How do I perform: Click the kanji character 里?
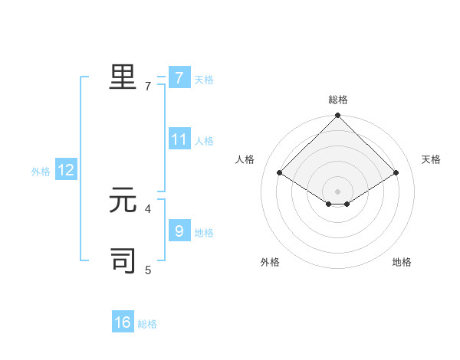123,77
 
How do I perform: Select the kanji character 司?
123,260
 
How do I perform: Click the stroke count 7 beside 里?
148,87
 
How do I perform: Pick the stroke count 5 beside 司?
148,270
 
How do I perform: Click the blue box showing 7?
179,78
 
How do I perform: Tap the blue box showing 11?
179,139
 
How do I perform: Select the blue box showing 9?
179,231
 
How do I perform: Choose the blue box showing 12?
66,170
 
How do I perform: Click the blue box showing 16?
123,322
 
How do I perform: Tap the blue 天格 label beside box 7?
204,80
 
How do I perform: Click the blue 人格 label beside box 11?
204,141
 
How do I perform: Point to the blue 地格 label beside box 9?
204,232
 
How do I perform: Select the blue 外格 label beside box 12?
41,172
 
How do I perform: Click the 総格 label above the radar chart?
338,100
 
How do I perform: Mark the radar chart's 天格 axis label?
431,159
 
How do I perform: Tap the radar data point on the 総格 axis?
337,116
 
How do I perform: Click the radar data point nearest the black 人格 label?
280,173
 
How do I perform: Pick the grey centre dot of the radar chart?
337,191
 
